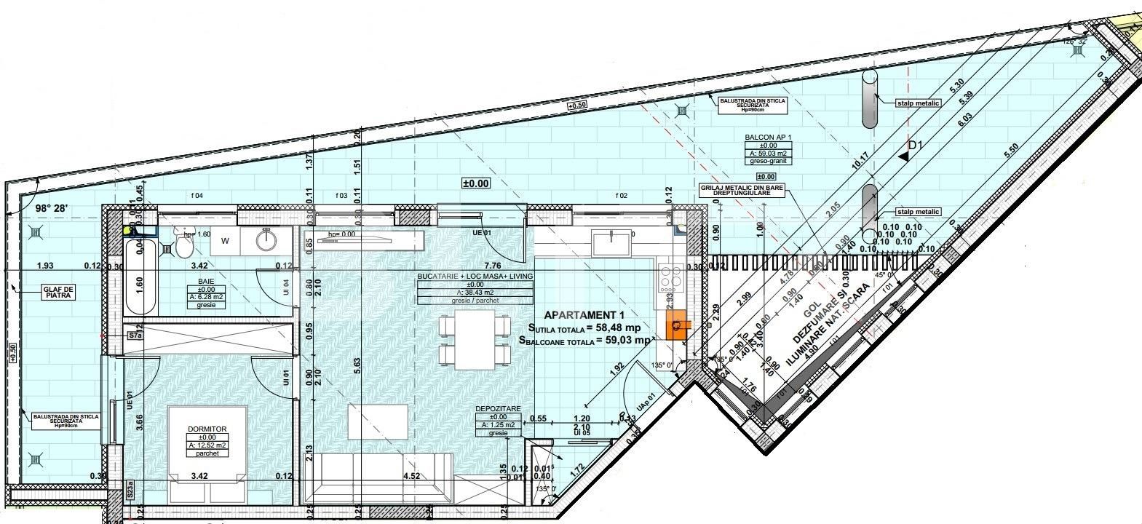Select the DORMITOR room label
coord(207,429)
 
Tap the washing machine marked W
coord(226,240)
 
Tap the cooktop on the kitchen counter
coord(667,277)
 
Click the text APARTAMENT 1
coord(584,315)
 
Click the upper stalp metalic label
coord(919,103)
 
